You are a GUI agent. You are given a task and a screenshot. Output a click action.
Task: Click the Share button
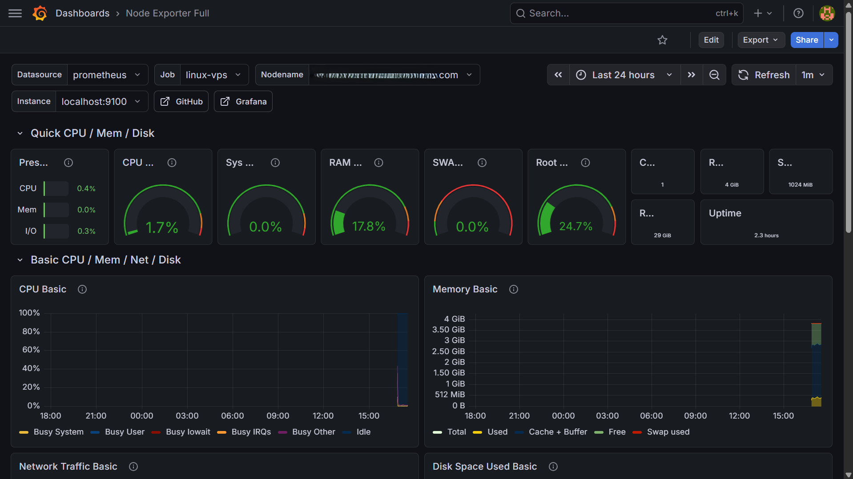[x=806, y=40]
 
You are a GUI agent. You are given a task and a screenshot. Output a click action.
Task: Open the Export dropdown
[x=760, y=40]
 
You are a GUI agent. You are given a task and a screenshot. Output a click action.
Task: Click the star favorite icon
[x=662, y=40]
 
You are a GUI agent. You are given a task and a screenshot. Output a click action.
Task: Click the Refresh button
[x=764, y=75]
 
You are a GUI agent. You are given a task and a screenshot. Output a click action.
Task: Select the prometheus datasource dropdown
[x=106, y=75]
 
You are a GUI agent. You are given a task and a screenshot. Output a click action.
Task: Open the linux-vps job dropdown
[x=213, y=75]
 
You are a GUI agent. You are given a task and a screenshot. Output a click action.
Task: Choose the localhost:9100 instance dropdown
[x=101, y=102]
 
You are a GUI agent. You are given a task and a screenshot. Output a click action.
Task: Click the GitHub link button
[x=181, y=102]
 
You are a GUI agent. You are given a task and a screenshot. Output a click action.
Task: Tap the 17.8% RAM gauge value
[x=369, y=227]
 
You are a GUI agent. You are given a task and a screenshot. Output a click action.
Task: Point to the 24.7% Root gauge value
[x=575, y=227]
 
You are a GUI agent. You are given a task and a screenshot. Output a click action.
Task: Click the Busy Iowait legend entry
[x=187, y=432]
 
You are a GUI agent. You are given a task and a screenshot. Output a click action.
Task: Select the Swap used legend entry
[x=668, y=432]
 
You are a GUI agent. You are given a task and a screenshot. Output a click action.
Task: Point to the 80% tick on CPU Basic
[x=31, y=331]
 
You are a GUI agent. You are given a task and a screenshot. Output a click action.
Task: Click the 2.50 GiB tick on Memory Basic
[x=448, y=351]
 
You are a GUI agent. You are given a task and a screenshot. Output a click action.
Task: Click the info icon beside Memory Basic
[x=513, y=289]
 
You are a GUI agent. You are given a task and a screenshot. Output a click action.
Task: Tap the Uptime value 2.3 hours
[x=766, y=236]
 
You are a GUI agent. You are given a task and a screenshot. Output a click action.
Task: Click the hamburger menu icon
[x=15, y=13]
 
